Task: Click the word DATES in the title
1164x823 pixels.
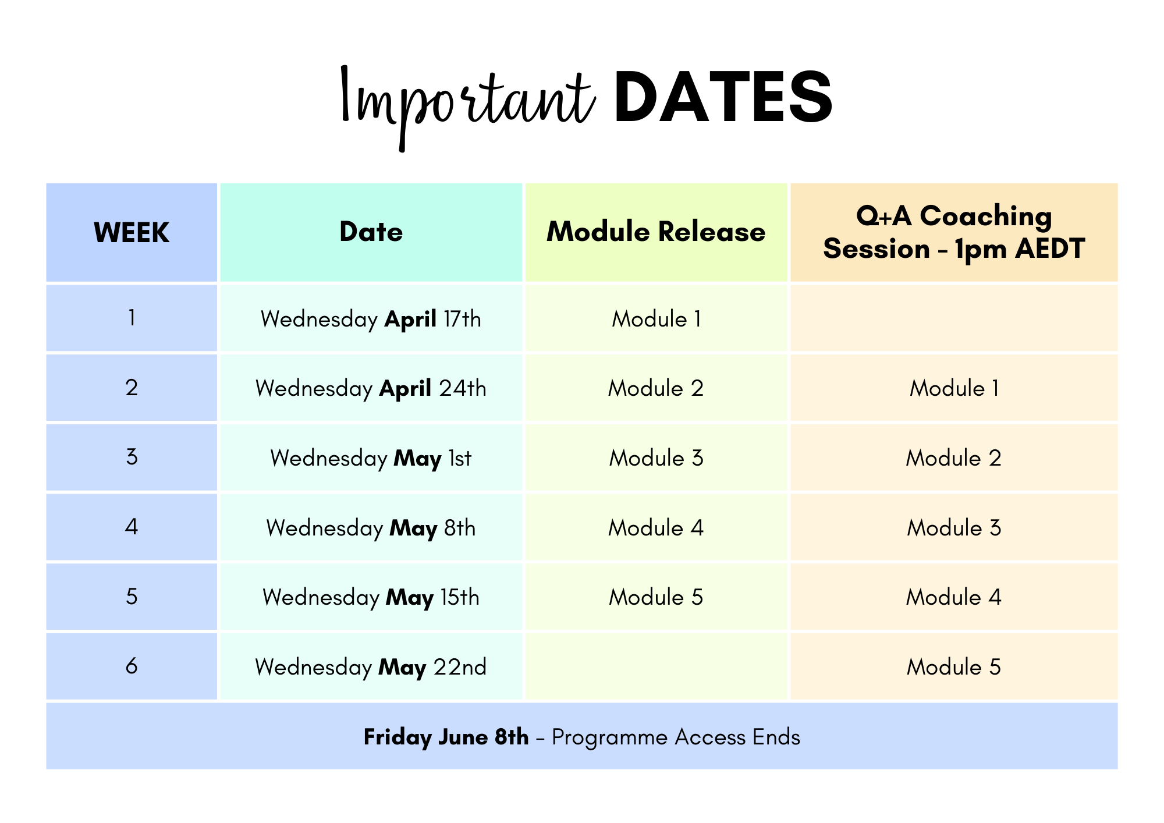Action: point(723,97)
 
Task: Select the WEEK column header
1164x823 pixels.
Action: point(132,232)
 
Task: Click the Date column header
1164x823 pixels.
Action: point(371,232)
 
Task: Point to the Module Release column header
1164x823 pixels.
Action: point(656,232)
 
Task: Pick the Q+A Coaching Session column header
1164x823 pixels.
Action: point(954,232)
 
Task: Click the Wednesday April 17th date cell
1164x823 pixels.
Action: point(371,319)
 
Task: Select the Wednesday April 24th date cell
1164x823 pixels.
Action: point(371,388)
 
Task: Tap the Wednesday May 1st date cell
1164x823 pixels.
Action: point(371,458)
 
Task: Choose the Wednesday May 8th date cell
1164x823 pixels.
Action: point(371,528)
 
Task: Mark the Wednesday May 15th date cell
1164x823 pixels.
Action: point(371,597)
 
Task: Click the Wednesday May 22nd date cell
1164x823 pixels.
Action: point(371,667)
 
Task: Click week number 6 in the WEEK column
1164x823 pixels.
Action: point(132,666)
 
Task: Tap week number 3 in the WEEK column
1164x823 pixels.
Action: point(132,457)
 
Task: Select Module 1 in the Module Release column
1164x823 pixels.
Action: point(656,319)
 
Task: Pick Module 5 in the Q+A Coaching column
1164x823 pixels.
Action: point(954,667)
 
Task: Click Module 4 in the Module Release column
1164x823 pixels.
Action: point(656,528)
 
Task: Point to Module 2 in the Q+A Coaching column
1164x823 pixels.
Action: point(954,458)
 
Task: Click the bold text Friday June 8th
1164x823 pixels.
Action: point(446,737)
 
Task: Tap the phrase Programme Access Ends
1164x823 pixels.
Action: point(676,737)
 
